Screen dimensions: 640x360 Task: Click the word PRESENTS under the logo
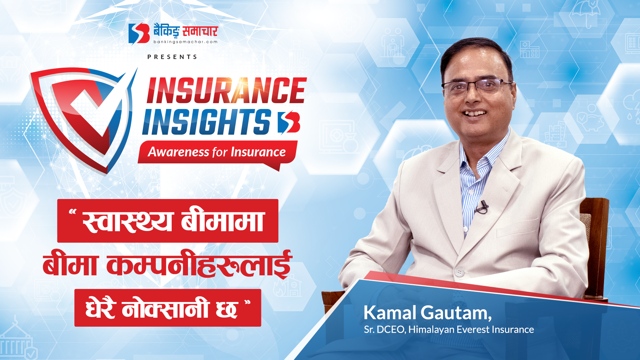point(172,57)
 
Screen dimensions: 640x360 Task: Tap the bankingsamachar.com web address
point(185,42)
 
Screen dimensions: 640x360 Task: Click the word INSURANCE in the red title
point(227,90)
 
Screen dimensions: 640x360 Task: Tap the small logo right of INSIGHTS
point(289,122)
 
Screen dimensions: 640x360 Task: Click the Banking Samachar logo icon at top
point(139,33)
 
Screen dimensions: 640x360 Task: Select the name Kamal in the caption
point(390,313)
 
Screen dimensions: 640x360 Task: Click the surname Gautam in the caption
point(456,313)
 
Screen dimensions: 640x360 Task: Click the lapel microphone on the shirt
point(482,207)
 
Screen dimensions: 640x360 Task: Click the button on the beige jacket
point(459,272)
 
